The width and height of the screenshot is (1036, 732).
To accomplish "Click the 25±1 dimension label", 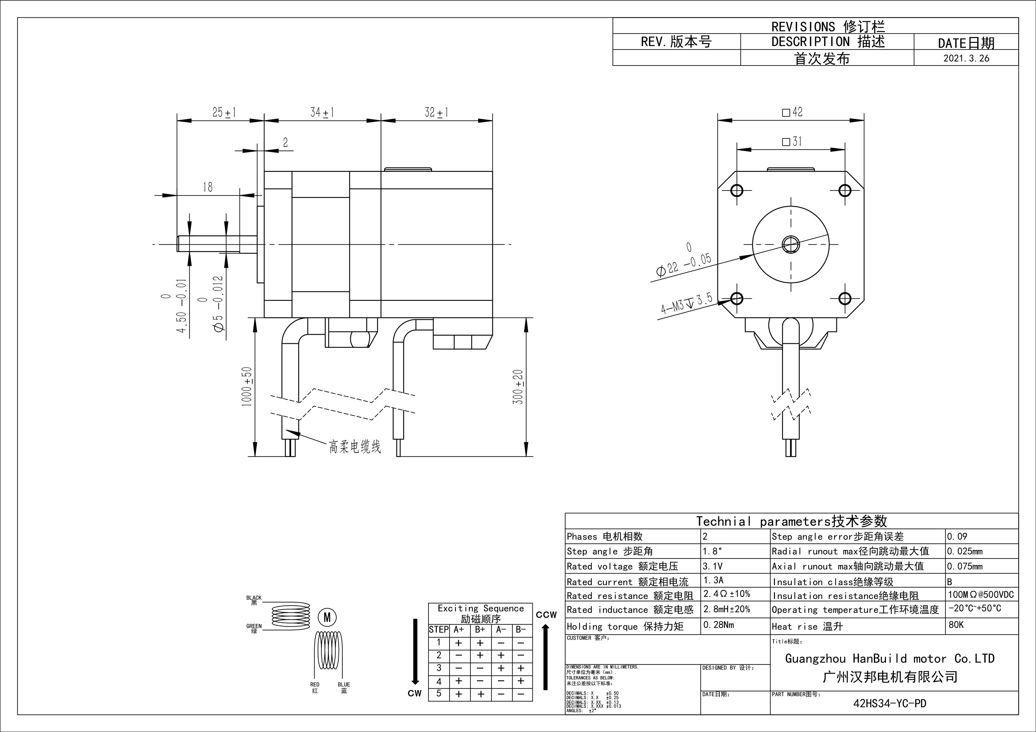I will pyautogui.click(x=224, y=112).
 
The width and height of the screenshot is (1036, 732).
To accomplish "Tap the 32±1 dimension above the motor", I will pyautogui.click(x=436, y=112).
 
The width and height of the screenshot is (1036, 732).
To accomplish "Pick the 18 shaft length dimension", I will pyautogui.click(x=208, y=187).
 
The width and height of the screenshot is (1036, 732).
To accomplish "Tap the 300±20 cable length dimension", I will pyautogui.click(x=518, y=387).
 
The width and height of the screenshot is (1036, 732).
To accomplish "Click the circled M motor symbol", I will pyautogui.click(x=327, y=617).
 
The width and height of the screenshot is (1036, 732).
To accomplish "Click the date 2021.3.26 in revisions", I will pyautogui.click(x=966, y=58).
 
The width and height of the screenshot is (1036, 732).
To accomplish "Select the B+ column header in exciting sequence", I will pyautogui.click(x=480, y=630).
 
